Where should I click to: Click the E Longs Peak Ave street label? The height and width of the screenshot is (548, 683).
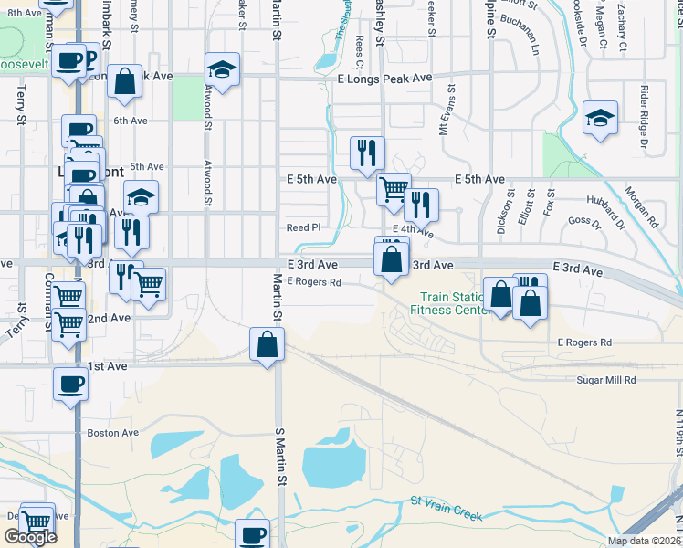click(x=384, y=79)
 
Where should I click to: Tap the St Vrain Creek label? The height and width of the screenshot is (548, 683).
click(x=446, y=509)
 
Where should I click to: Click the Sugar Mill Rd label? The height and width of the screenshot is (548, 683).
click(x=605, y=380)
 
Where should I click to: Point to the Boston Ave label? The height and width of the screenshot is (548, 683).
click(x=112, y=433)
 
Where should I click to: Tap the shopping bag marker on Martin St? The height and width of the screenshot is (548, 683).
click(x=267, y=345)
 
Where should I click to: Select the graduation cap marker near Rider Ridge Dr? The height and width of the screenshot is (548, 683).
click(x=599, y=118)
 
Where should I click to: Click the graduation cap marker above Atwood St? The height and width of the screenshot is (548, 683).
click(x=220, y=68)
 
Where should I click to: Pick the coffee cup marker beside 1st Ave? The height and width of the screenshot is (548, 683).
click(x=70, y=384)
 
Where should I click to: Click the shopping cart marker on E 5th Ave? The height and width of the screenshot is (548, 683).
click(x=394, y=189)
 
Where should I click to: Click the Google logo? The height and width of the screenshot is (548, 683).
click(x=30, y=537)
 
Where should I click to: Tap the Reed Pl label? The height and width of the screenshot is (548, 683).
click(x=304, y=227)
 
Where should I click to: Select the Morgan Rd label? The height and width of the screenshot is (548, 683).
click(x=642, y=208)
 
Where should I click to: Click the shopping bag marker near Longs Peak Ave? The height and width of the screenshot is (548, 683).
click(x=125, y=81)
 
